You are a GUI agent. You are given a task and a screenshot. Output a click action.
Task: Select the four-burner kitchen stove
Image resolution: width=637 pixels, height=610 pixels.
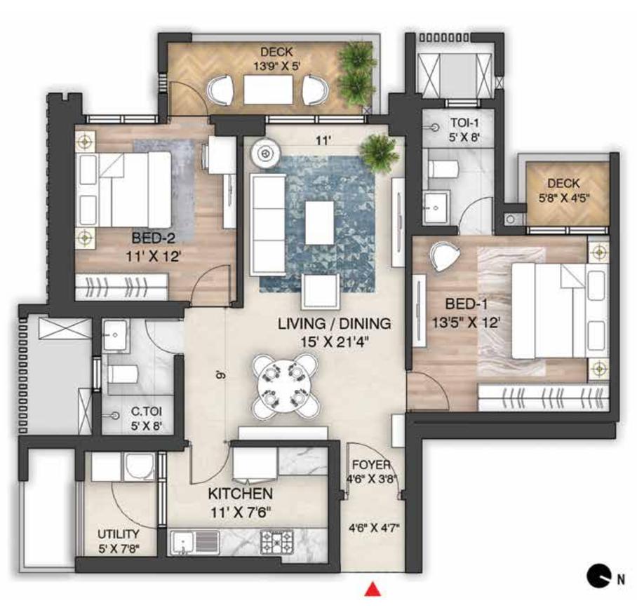point(276,541)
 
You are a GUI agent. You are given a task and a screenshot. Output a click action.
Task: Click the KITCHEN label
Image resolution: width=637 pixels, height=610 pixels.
point(240,493)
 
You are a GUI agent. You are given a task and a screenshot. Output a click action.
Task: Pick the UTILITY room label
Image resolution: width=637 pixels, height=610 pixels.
point(118,534)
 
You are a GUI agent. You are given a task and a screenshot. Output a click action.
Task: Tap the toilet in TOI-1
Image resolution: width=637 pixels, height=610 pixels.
point(441,169)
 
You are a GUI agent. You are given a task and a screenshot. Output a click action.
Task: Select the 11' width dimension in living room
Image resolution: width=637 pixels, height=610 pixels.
point(322,140)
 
